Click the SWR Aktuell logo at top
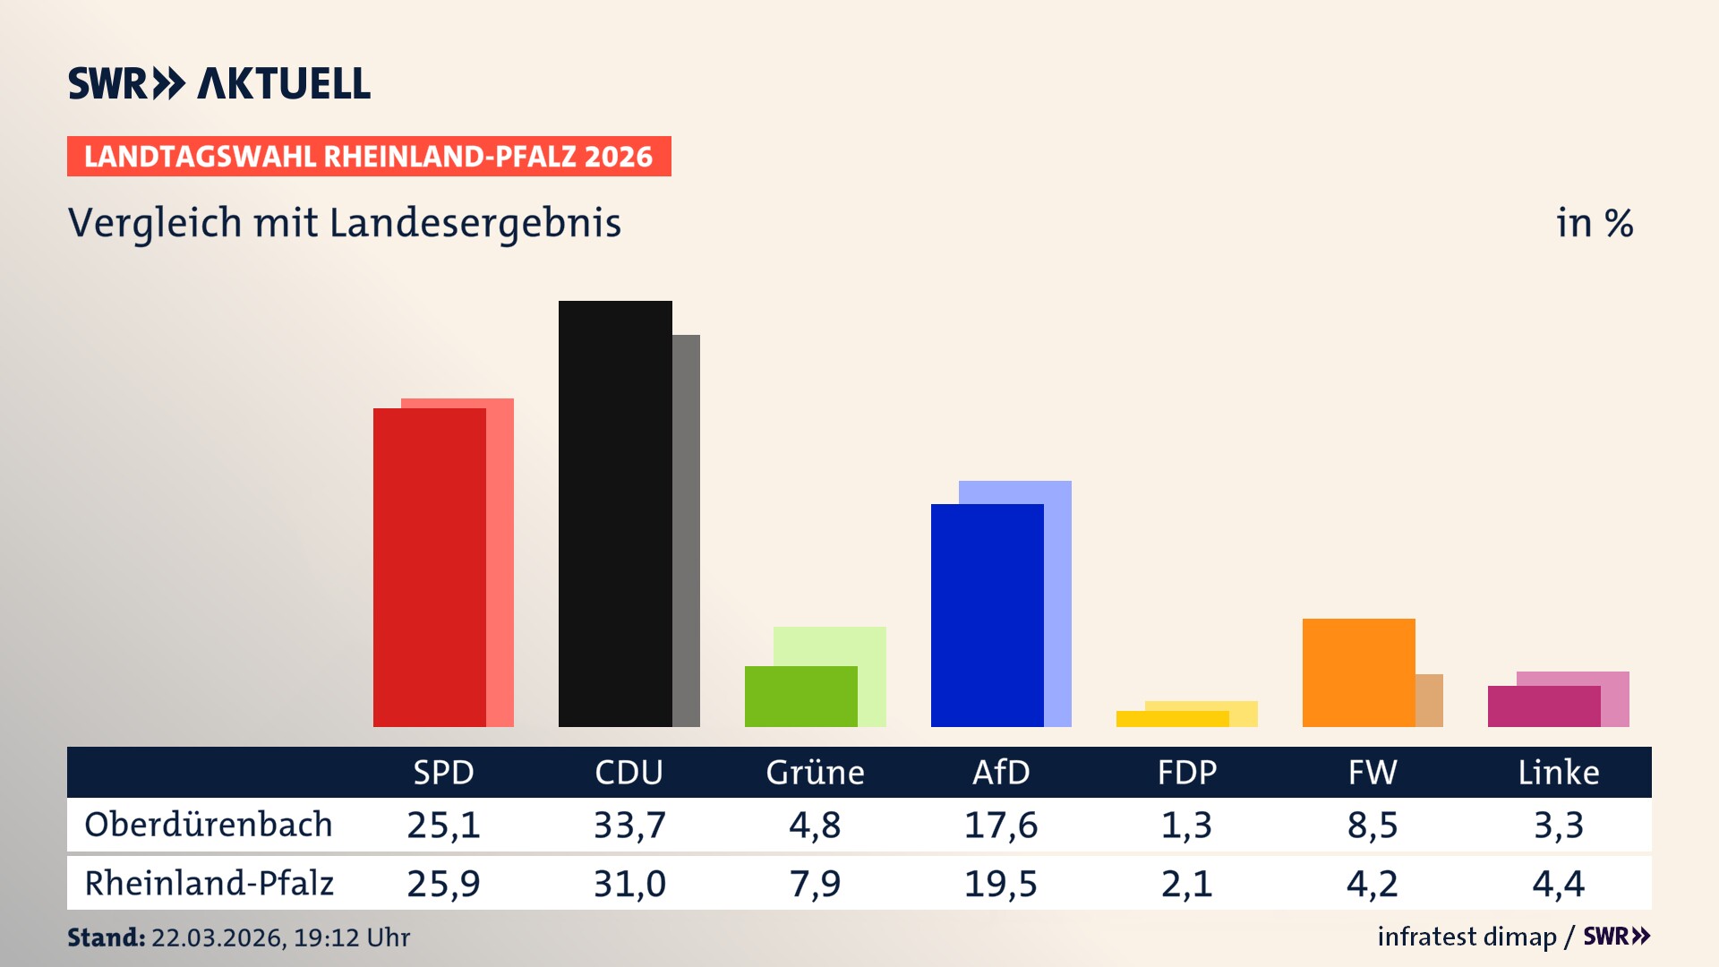(219, 83)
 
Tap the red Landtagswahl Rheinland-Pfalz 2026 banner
(368, 157)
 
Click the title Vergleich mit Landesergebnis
(344, 223)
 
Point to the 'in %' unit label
(1594, 224)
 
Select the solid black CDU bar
(615, 514)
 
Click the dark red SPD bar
(429, 568)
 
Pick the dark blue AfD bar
(987, 615)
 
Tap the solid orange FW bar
(1358, 672)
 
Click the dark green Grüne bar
(800, 697)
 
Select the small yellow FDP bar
(1172, 719)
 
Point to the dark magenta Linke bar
(1544, 706)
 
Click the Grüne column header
(815, 773)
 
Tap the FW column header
(1372, 773)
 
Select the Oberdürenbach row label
(209, 825)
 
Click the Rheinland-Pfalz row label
(209, 884)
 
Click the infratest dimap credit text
(1467, 937)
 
